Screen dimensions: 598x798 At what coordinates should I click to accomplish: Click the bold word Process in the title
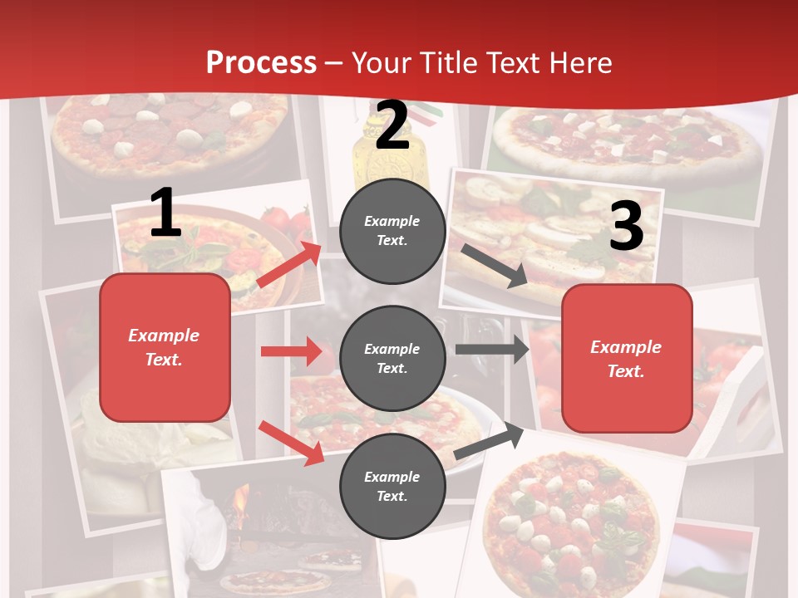[261, 62]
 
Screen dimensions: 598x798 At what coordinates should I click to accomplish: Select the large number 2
[392, 125]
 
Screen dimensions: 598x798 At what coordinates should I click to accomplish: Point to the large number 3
[626, 226]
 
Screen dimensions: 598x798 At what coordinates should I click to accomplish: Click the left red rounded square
[165, 347]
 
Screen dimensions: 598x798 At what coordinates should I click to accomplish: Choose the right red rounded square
[627, 359]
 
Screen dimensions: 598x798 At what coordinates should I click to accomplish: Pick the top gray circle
[392, 231]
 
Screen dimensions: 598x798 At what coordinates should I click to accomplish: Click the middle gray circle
[392, 358]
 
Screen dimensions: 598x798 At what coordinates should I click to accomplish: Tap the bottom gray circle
[392, 486]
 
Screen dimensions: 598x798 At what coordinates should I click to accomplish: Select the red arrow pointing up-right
[288, 265]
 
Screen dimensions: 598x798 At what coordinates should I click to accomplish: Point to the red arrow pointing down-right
[291, 442]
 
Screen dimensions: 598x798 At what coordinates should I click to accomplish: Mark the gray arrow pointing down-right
[495, 266]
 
